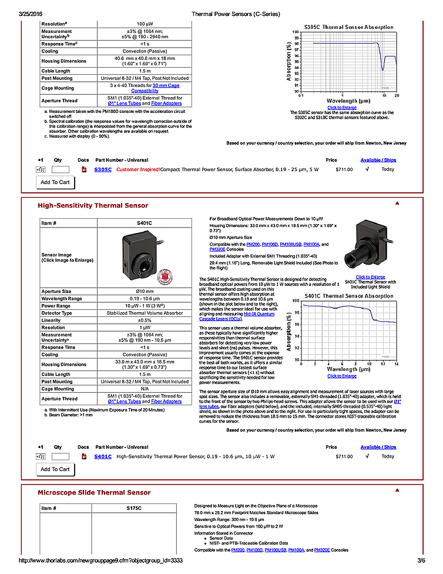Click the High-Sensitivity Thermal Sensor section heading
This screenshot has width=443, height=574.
pyautogui.click(x=93, y=206)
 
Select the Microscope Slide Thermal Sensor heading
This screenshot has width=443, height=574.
pyautogui.click(x=94, y=492)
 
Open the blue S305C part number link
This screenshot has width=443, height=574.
pyautogui.click(x=103, y=169)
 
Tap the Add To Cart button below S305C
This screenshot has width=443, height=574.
pyautogui.click(x=55, y=182)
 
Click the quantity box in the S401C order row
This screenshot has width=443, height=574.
pyautogui.click(x=60, y=456)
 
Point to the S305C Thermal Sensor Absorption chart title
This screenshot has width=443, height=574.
pyautogui.click(x=349, y=27)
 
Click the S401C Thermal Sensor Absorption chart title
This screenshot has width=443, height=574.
pyautogui.click(x=349, y=296)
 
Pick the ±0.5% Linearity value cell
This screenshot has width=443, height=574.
pyautogui.click(x=144, y=320)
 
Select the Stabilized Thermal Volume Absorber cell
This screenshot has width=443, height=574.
pyautogui.click(x=144, y=313)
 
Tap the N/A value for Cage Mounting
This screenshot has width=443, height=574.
pyautogui.click(x=144, y=389)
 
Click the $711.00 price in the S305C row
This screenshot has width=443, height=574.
pyautogui.click(x=344, y=169)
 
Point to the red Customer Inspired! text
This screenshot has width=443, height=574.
pyautogui.click(x=137, y=169)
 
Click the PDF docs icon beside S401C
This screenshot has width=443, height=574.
pyautogui.click(x=83, y=456)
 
